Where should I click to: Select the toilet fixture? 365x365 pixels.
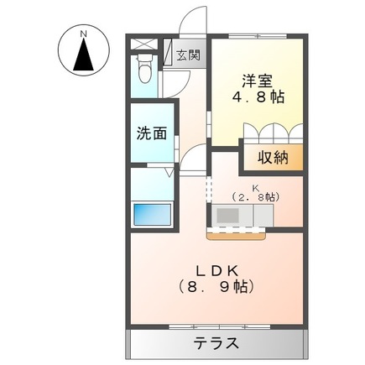(x=145, y=72)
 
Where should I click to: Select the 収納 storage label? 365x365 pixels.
(x=272, y=157)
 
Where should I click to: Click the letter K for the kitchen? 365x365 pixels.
(x=257, y=187)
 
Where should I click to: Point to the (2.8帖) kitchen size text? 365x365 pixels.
(x=256, y=197)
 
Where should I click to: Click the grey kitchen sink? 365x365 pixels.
(x=227, y=216)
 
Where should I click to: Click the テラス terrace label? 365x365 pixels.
(x=216, y=343)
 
